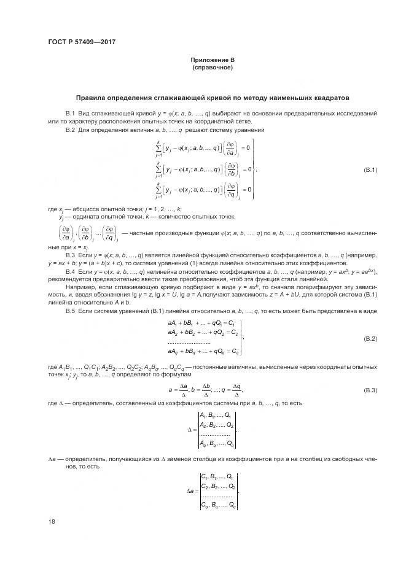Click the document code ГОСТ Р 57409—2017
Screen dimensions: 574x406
pos(82,42)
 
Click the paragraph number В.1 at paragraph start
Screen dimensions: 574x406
pos(69,114)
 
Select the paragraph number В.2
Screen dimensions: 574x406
pos(69,130)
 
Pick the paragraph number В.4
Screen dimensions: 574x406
pos(69,271)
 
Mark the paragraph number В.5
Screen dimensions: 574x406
pos(69,311)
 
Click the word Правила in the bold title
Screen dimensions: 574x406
pos(91,98)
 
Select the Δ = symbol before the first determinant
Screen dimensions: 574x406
pos(190,430)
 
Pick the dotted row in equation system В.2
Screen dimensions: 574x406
pos(189,343)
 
